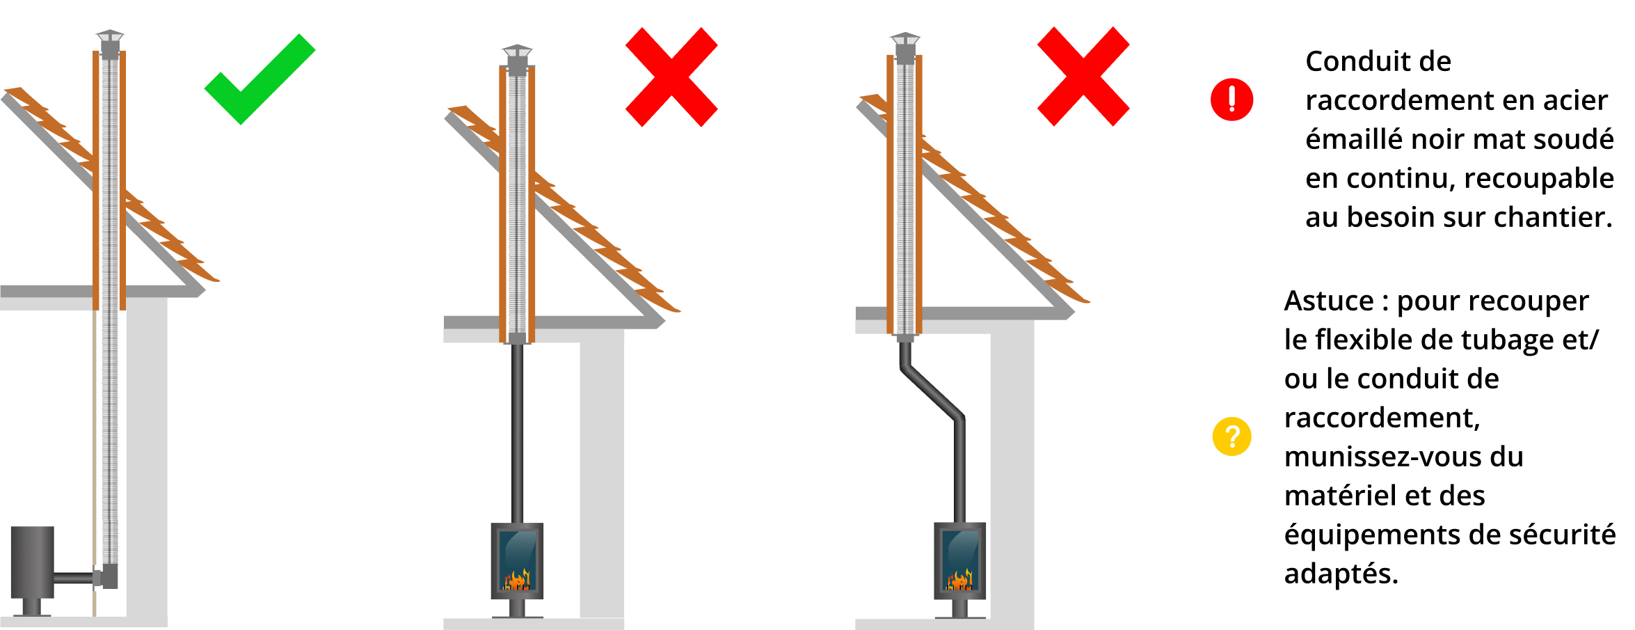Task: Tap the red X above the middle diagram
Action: (x=671, y=77)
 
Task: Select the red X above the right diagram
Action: (x=1083, y=77)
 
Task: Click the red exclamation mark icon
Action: (x=1231, y=100)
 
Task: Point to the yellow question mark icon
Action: (x=1231, y=436)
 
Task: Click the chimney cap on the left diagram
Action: (x=110, y=43)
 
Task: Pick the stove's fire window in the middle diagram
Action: (x=518, y=560)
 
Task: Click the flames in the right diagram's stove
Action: (x=959, y=579)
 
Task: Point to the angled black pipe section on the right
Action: (x=932, y=393)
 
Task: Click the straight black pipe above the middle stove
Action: (x=517, y=433)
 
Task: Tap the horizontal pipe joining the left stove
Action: (x=74, y=578)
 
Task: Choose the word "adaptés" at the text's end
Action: (x=1341, y=574)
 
